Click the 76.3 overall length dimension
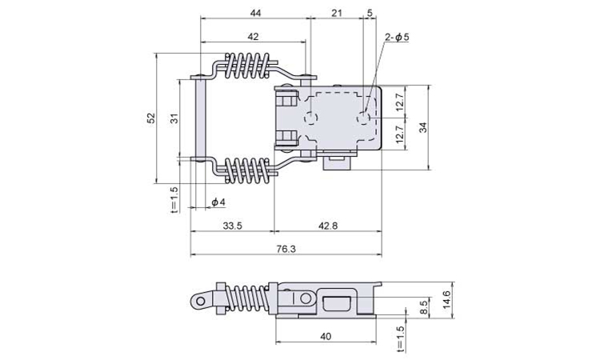point(286,249)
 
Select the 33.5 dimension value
point(233,226)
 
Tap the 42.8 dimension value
point(328,226)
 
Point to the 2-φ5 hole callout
point(397,37)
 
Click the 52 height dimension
point(151,118)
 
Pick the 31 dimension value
point(174,119)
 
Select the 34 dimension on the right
point(422,127)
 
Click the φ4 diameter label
point(218,202)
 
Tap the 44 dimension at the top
point(255,13)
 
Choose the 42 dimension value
point(253,36)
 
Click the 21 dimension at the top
point(336,13)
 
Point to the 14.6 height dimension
point(446,300)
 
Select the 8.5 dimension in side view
point(423,307)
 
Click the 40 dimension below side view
point(326,337)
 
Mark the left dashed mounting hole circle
point(311,118)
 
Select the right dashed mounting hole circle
point(363,118)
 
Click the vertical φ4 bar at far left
point(201,119)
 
